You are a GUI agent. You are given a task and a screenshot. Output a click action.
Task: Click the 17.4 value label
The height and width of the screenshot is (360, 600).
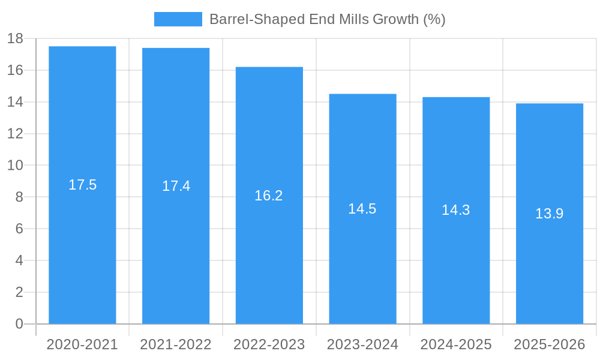click(176, 186)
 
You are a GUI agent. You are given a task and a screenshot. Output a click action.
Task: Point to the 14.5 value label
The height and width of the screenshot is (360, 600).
click(362, 209)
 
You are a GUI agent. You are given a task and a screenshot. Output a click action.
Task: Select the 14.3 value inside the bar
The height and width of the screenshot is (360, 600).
click(455, 210)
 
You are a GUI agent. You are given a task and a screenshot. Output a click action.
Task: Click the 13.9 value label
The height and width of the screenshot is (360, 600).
click(549, 214)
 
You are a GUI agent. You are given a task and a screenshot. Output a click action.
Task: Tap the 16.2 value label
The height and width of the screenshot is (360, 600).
click(268, 196)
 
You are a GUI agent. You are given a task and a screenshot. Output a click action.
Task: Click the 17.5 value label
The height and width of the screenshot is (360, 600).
click(82, 185)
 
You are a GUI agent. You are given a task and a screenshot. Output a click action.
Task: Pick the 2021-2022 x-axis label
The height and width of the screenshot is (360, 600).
click(176, 344)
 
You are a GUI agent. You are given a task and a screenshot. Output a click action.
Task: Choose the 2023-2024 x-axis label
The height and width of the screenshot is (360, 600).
click(362, 344)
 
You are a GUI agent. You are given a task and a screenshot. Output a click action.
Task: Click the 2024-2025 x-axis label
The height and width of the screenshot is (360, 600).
click(456, 344)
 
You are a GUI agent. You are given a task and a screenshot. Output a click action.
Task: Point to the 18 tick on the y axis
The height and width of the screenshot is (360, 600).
click(15, 39)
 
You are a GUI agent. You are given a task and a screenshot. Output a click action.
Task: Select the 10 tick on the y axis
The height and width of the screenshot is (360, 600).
click(15, 166)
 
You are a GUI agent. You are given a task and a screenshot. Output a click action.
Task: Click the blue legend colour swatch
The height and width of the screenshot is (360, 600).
click(178, 19)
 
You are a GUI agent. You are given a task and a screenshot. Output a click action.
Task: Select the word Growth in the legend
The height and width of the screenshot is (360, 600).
click(396, 19)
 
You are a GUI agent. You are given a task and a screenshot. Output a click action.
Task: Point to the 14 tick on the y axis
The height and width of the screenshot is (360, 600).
click(15, 102)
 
